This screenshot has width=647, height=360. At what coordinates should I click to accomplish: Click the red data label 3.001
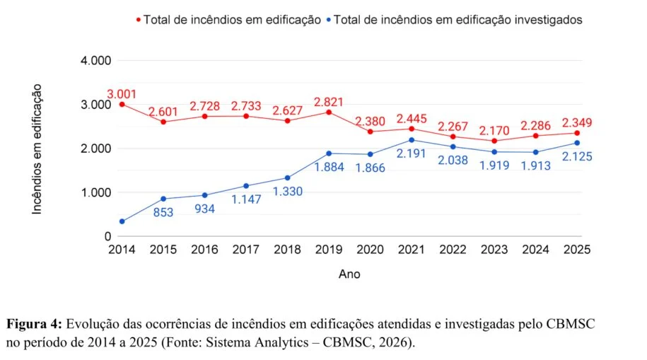coord(122,94)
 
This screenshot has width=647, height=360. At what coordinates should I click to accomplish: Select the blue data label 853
coord(163,212)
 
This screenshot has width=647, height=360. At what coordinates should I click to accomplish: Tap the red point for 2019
coord(330,112)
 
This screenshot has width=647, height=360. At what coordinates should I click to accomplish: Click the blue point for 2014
coord(122,221)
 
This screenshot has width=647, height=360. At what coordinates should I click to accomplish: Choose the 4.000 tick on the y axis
coord(96,61)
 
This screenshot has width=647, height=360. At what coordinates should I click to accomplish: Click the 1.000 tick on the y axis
coord(96,192)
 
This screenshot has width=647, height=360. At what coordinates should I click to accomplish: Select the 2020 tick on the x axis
coord(371,250)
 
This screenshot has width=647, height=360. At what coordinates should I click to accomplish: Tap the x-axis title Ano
coord(349,274)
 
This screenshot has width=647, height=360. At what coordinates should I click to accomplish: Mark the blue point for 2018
coord(288,178)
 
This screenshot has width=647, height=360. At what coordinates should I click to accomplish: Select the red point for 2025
coord(578,133)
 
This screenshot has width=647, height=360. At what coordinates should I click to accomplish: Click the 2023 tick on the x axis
coord(495,250)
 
